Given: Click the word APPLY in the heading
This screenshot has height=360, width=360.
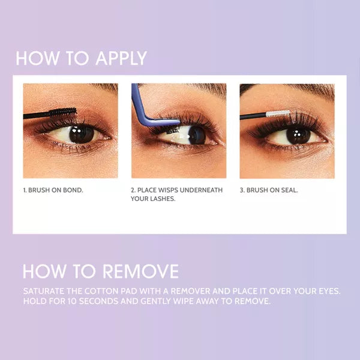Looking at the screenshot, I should tap(113, 58).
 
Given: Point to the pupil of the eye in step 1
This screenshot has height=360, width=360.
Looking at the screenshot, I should tap(80, 134).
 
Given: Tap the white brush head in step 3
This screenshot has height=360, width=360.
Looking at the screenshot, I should tap(278, 113).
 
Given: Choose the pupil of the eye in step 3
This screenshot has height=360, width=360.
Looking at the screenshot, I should tap(298, 134).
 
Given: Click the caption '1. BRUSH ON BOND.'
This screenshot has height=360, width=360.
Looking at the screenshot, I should tap(53, 190).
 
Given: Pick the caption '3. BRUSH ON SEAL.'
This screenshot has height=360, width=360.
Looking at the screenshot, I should tap(269, 190).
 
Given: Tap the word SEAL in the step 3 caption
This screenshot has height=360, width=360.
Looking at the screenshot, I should tap(289, 190).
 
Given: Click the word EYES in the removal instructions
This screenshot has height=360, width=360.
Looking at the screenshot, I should tap(326, 291).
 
